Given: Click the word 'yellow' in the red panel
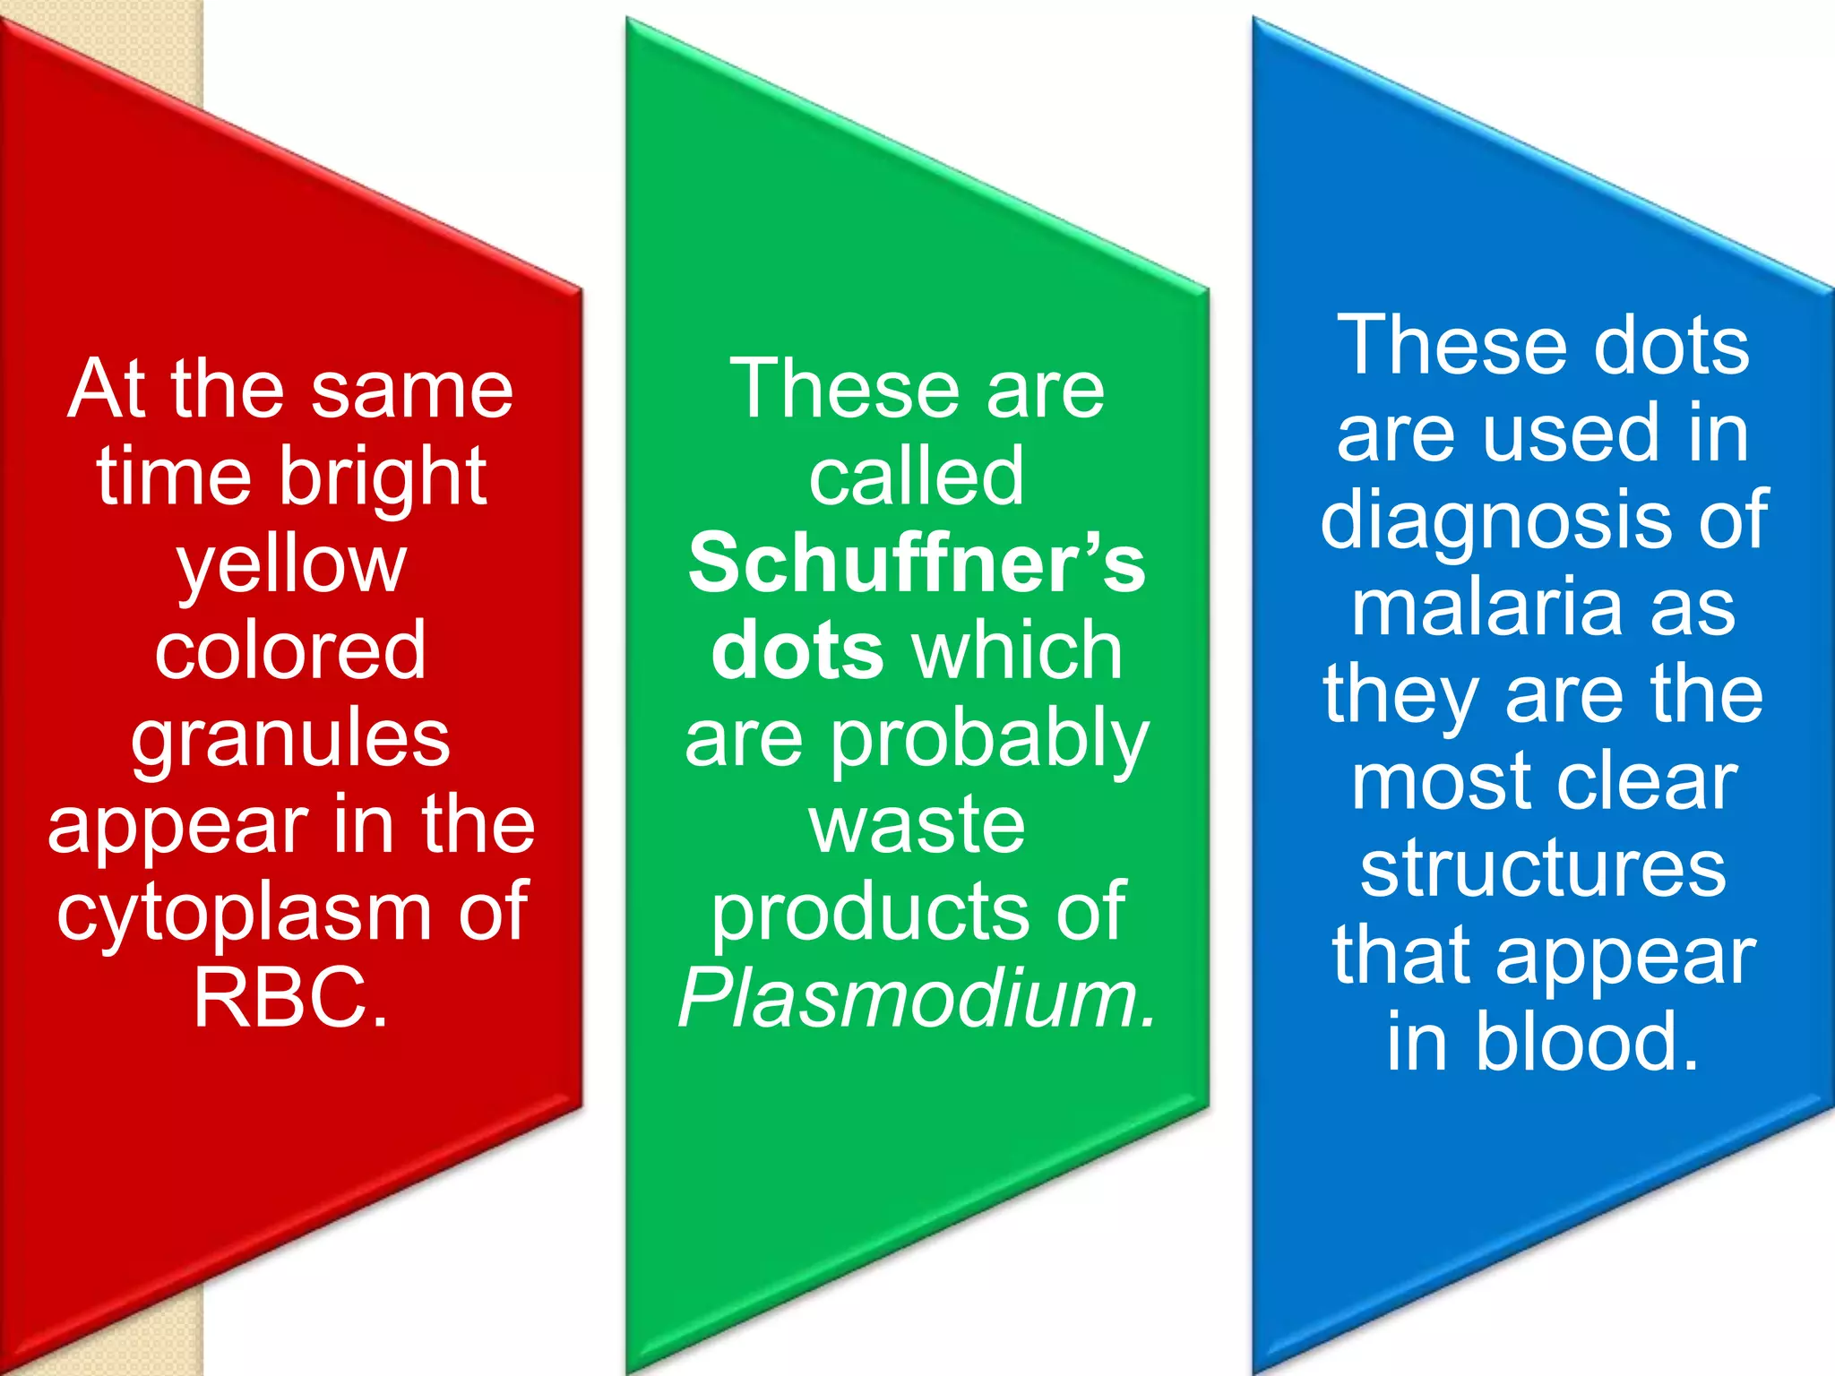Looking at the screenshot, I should click(x=291, y=567).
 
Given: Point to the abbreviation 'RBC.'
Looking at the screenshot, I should click(x=291, y=997).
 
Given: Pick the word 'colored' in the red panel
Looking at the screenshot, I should click(x=290, y=651).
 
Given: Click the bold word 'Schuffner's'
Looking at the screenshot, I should click(x=917, y=564).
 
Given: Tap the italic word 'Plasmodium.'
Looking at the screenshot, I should click(x=917, y=999).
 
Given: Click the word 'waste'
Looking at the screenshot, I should click(x=917, y=825).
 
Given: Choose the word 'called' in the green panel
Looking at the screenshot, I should click(x=916, y=477).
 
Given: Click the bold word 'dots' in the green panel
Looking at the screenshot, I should click(x=797, y=651).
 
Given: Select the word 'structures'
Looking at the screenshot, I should click(x=1543, y=869).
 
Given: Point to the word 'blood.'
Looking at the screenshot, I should click(x=1587, y=1042).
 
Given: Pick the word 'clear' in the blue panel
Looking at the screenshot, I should click(x=1648, y=782).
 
